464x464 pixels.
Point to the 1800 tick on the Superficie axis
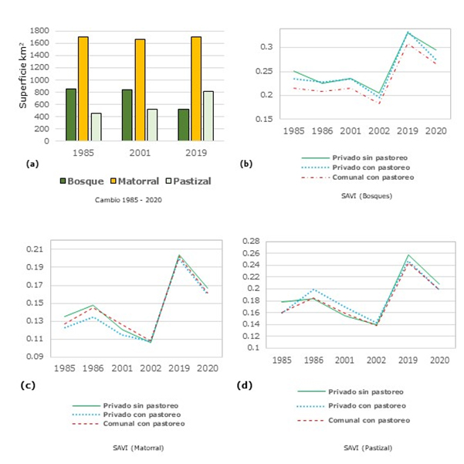(40, 31)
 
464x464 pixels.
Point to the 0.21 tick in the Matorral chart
(36, 249)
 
